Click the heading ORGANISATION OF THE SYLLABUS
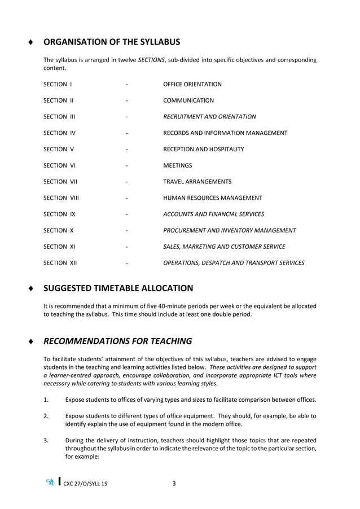[x=112, y=42]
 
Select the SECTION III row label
[x=59, y=117]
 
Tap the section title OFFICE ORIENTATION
[x=192, y=85]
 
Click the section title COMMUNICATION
[x=188, y=100]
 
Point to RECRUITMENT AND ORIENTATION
[x=209, y=117]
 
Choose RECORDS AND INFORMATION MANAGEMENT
[x=225, y=133]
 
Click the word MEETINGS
[x=177, y=166]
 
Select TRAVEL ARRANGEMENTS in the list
[x=197, y=182]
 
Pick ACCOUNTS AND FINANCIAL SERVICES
[x=213, y=214]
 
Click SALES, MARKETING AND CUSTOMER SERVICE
[x=223, y=247]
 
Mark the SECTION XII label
[x=60, y=263]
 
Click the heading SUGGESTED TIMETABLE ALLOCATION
[x=118, y=288]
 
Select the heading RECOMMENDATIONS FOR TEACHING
[x=117, y=341]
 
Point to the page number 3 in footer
[x=174, y=484]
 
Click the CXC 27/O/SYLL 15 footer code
[x=84, y=484]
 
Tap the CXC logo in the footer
[x=51, y=482]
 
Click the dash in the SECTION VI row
[x=128, y=166]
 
